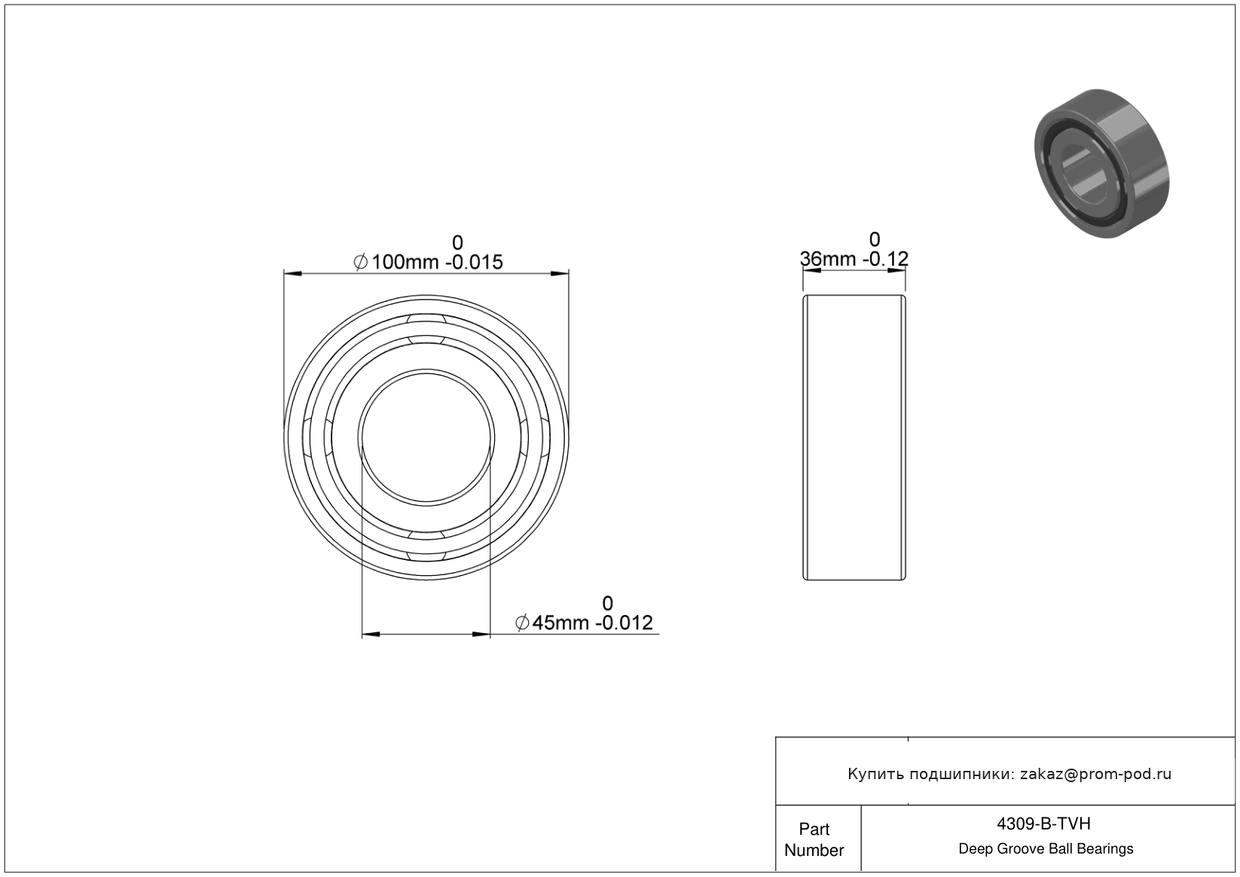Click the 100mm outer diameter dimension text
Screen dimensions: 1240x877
click(x=428, y=262)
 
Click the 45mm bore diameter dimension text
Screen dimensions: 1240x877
click(x=584, y=623)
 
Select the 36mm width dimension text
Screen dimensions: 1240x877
click(x=854, y=258)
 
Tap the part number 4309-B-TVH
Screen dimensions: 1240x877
click(x=1043, y=824)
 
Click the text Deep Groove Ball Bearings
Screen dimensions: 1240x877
click(x=1046, y=848)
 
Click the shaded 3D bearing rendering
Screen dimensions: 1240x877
click(x=1102, y=164)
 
